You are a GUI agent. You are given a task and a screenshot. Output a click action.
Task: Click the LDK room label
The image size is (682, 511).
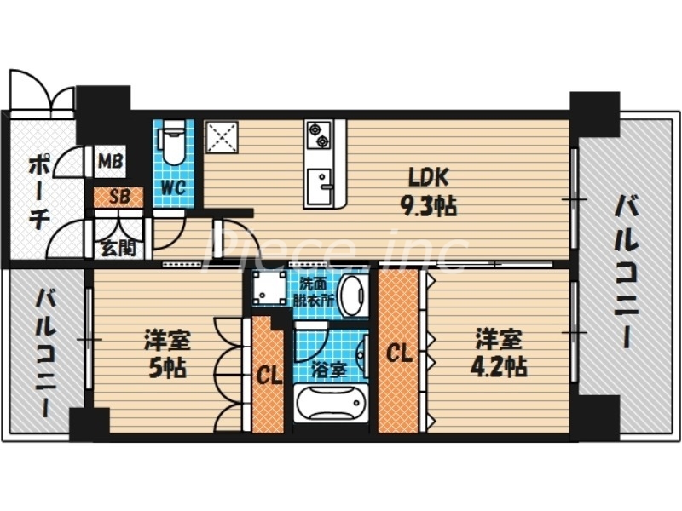(x=429, y=178)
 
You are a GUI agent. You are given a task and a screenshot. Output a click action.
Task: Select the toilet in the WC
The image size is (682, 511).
(x=173, y=145)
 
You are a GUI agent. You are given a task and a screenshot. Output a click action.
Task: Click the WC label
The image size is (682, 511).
(x=173, y=186)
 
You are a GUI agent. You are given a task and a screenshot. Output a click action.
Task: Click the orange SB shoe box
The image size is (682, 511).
(x=118, y=197)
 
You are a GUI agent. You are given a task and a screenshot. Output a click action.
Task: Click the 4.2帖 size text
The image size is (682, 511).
(x=499, y=367)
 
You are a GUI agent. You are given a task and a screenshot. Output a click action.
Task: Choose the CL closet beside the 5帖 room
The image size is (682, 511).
(x=269, y=376)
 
